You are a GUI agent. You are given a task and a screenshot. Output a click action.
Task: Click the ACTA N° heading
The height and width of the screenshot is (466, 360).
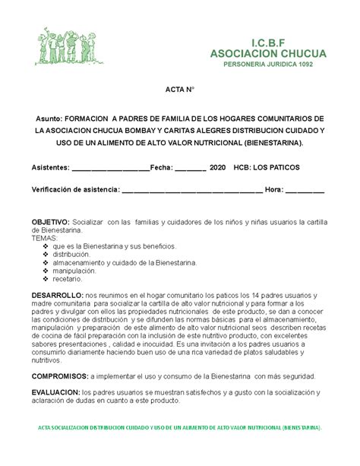coord(179,90)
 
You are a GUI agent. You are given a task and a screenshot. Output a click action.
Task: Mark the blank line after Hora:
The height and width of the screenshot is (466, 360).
coord(305,189)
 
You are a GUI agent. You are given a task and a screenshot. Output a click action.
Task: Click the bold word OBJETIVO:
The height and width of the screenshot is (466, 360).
coord(50,221)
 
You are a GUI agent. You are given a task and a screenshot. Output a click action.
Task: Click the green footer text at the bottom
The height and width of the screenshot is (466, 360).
coord(179,427)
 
